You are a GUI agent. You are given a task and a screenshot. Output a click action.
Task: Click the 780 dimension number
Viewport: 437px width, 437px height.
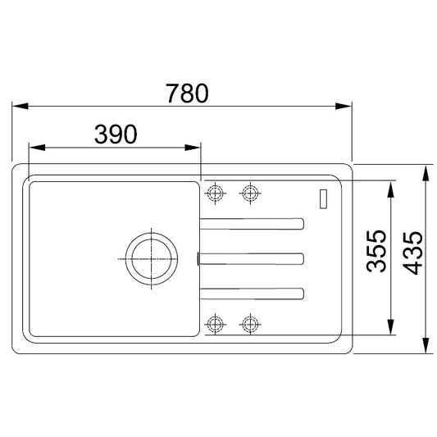click(187, 93)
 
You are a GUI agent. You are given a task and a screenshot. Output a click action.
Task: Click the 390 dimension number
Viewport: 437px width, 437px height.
click(116, 134)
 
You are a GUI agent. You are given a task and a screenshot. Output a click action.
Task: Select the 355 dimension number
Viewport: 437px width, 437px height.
click(376, 251)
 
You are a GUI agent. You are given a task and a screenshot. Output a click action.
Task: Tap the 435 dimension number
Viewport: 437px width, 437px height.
click(412, 253)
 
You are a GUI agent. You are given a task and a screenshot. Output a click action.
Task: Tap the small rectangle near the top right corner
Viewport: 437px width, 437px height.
click(323, 198)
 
